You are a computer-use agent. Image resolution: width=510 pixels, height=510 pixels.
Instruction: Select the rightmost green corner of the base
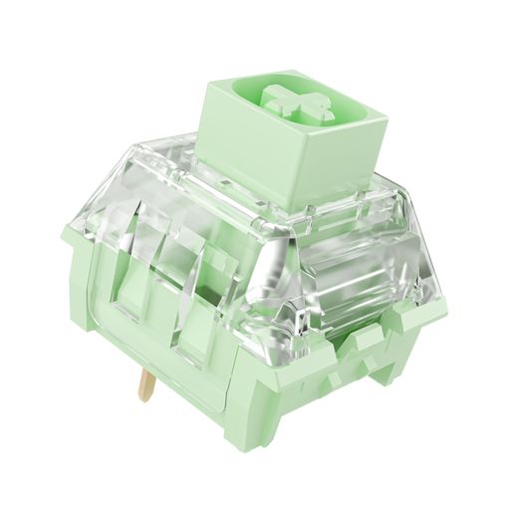pyautogui.click(x=430, y=319)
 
